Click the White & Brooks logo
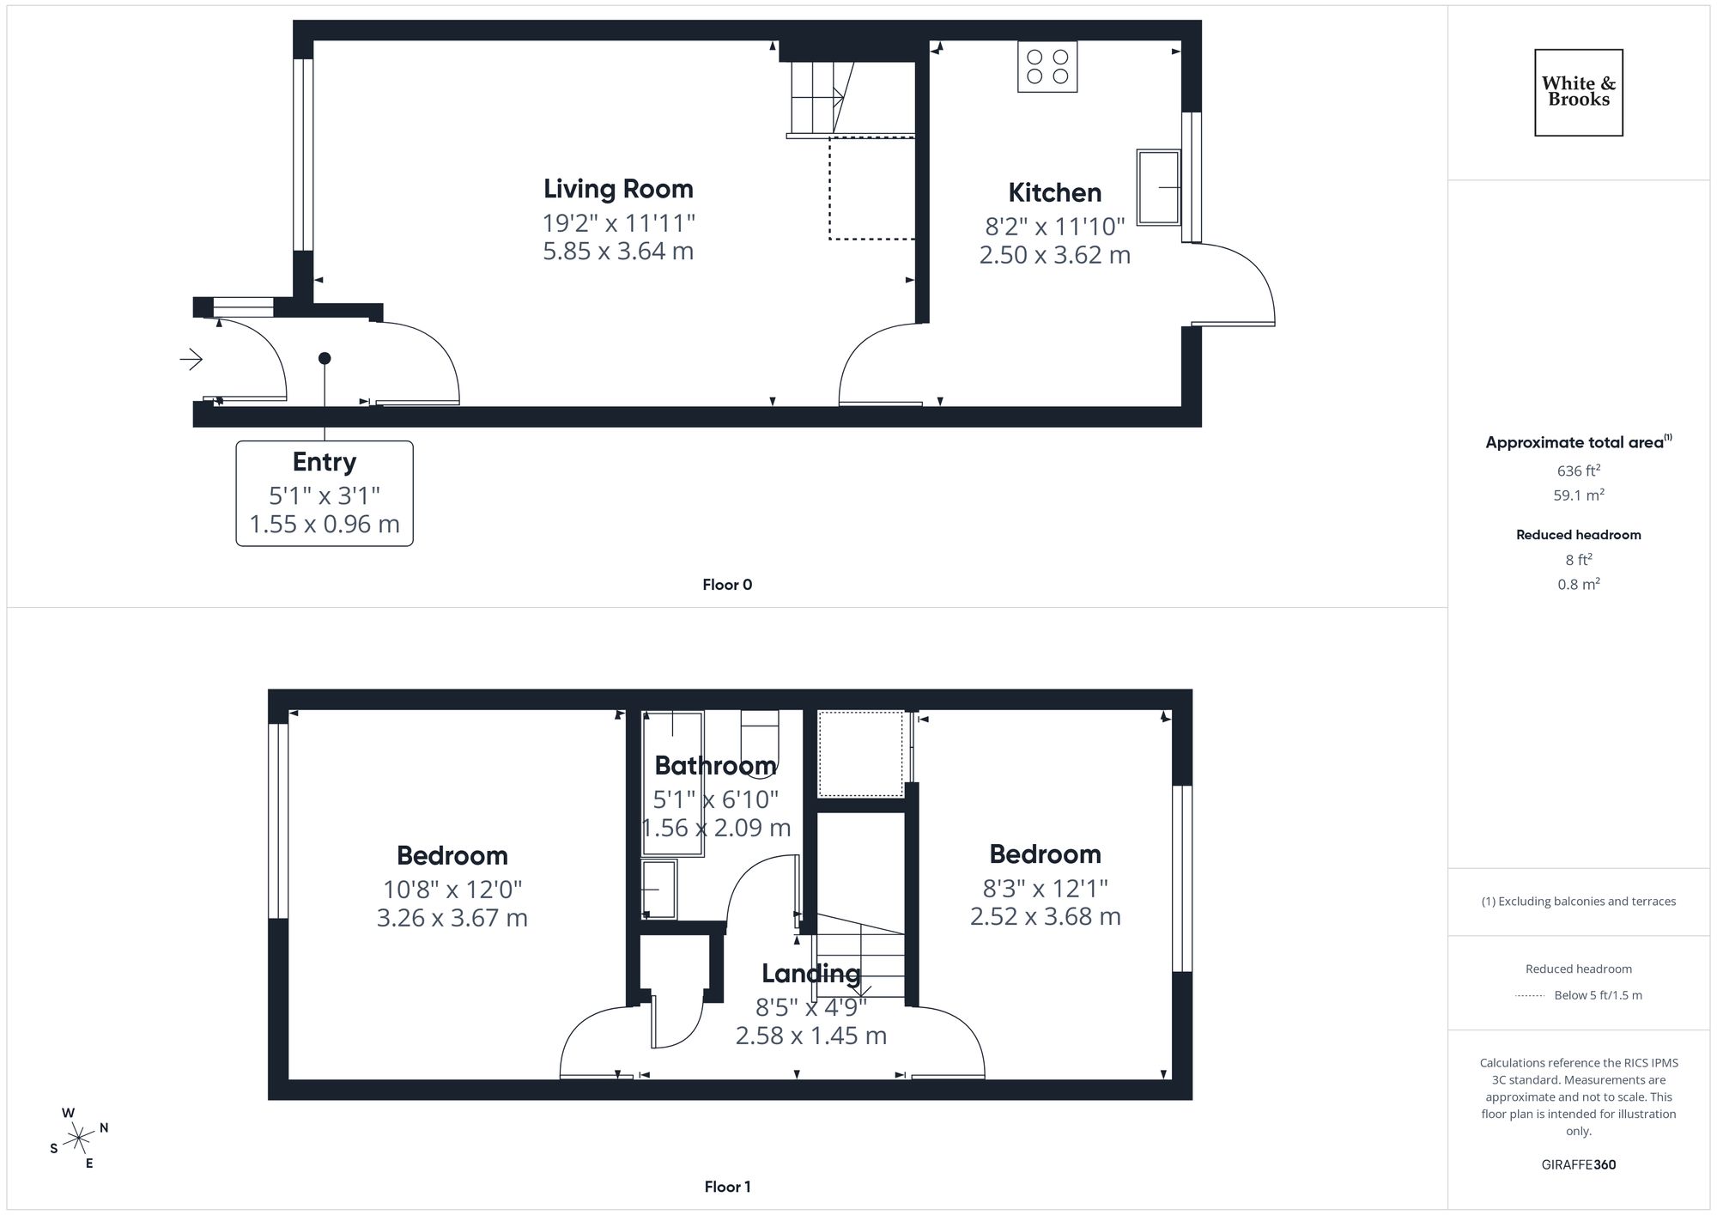pyautogui.click(x=1578, y=92)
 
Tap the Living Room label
pyautogui.click(x=618, y=189)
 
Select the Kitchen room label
pyautogui.click(x=1054, y=192)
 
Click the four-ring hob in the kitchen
pyautogui.click(x=1047, y=66)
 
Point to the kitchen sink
pyautogui.click(x=1158, y=187)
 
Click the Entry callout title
pyautogui.click(x=324, y=462)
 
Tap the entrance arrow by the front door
pyautogui.click(x=191, y=359)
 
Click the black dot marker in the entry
pyautogui.click(x=325, y=358)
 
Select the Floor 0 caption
pyautogui.click(x=727, y=585)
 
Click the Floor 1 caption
pyautogui.click(x=727, y=1187)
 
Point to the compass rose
pyautogui.click(x=79, y=1139)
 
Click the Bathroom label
pyautogui.click(x=715, y=765)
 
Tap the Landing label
pyautogui.click(x=810, y=973)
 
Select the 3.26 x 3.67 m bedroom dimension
pyautogui.click(x=452, y=918)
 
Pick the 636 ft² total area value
pyautogui.click(x=1578, y=471)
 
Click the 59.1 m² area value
pyautogui.click(x=1578, y=495)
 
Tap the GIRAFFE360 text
pyautogui.click(x=1578, y=1164)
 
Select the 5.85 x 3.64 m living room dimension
pyautogui.click(x=618, y=252)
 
